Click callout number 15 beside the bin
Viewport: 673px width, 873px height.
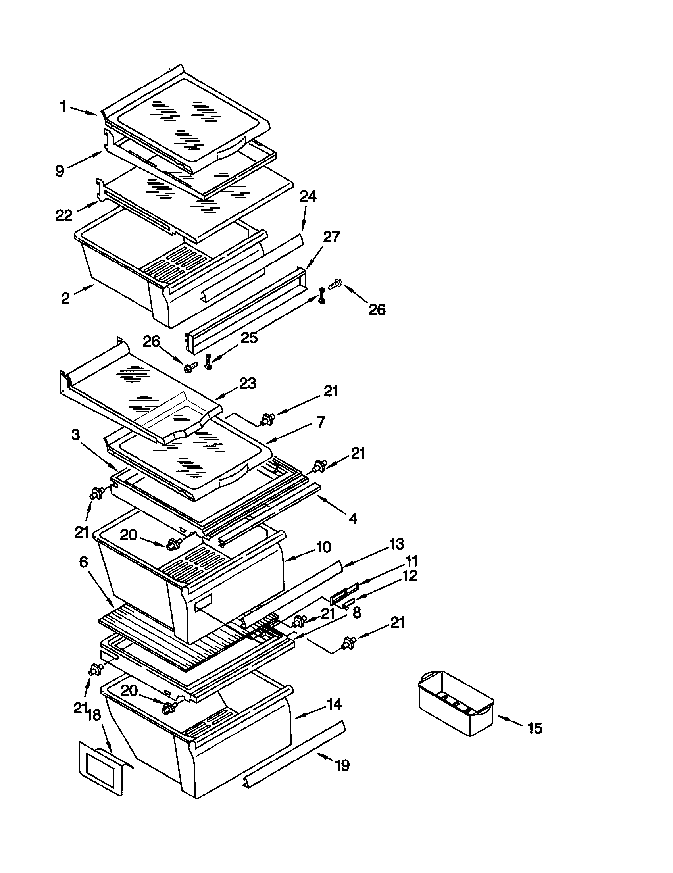tap(535, 728)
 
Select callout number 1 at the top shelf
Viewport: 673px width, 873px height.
tap(63, 107)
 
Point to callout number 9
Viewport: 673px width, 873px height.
tap(60, 171)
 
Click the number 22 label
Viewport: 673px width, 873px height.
tap(64, 215)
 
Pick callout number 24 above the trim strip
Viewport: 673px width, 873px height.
tap(308, 196)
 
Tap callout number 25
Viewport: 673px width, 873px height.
tap(249, 338)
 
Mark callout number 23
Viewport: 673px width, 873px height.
tap(247, 384)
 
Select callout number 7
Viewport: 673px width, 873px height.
tap(321, 422)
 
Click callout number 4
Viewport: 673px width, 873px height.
tap(352, 519)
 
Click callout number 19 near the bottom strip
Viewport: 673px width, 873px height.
tap(342, 765)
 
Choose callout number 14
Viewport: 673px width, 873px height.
tap(334, 704)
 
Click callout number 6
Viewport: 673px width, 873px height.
tap(83, 562)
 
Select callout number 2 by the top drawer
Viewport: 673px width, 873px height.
tap(65, 298)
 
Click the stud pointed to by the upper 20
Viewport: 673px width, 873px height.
tap(173, 544)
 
